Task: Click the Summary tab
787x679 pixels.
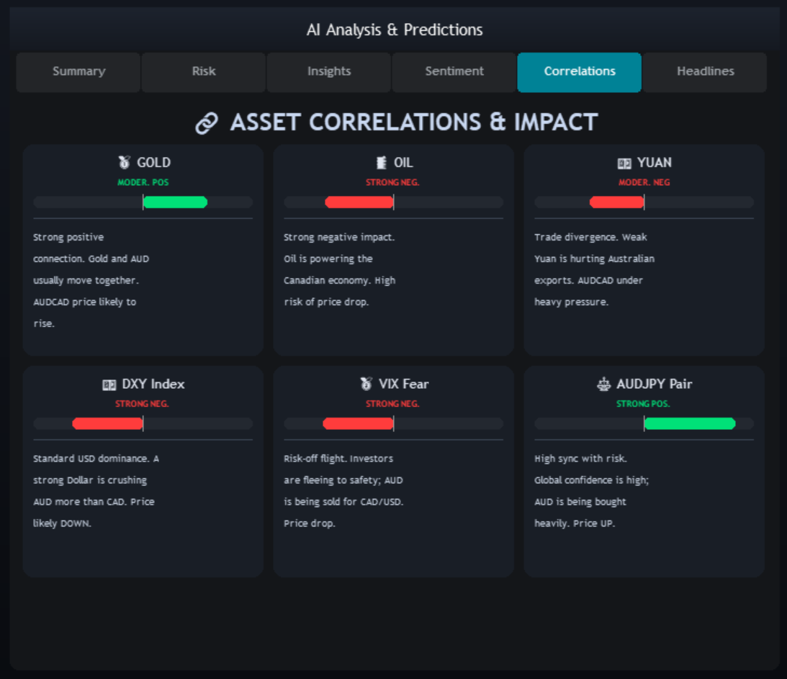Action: click(x=78, y=72)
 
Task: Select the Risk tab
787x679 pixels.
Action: click(x=204, y=72)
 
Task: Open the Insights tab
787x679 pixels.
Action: click(x=329, y=72)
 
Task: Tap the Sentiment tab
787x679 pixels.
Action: click(x=454, y=72)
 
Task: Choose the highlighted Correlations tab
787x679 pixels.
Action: click(x=579, y=72)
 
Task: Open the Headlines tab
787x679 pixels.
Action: click(x=705, y=72)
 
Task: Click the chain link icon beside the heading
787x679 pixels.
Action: click(x=207, y=123)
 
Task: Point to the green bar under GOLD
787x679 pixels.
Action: click(x=175, y=202)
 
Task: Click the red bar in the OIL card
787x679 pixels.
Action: click(x=359, y=202)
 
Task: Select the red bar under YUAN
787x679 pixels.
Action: click(x=617, y=202)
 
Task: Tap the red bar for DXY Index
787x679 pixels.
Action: click(x=107, y=423)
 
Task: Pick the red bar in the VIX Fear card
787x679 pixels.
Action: click(x=359, y=423)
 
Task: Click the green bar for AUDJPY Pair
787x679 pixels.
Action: click(x=690, y=423)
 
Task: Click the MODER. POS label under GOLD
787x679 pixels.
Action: click(x=143, y=182)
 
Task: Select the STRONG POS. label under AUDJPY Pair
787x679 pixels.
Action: click(x=643, y=403)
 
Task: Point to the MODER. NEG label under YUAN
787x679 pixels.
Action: click(x=644, y=182)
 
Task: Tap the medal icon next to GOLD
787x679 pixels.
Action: click(x=124, y=163)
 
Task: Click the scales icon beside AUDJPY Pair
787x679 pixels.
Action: click(x=603, y=384)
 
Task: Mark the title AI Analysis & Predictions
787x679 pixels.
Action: click(x=395, y=30)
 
